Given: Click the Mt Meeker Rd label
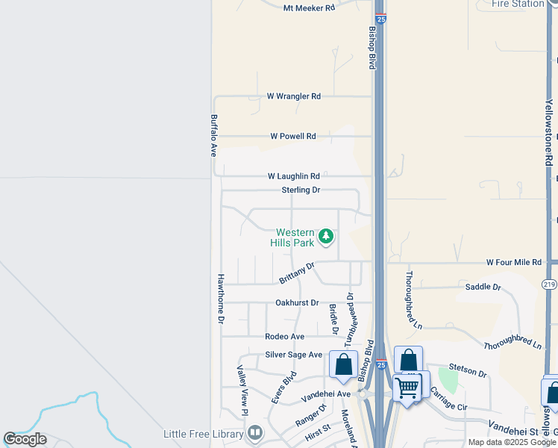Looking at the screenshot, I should [x=309, y=8].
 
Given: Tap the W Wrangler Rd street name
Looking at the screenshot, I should [x=294, y=96].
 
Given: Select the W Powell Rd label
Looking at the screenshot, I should [x=293, y=137].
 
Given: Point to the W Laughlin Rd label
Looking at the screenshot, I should [x=294, y=177].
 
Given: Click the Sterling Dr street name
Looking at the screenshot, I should [x=301, y=190].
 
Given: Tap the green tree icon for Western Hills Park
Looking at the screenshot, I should [x=325, y=237].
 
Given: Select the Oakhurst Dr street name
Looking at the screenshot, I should [x=297, y=303].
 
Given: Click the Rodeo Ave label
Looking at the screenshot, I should [x=285, y=337].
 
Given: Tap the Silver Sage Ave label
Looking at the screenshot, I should [x=294, y=355].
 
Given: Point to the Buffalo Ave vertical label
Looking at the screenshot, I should [x=213, y=135].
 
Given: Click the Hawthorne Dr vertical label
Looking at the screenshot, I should [x=221, y=298].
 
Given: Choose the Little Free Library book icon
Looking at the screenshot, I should [x=255, y=433].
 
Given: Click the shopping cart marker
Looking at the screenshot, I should [x=407, y=387].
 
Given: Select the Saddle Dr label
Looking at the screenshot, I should [x=481, y=287].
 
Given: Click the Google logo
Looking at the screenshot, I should [x=25, y=439].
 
